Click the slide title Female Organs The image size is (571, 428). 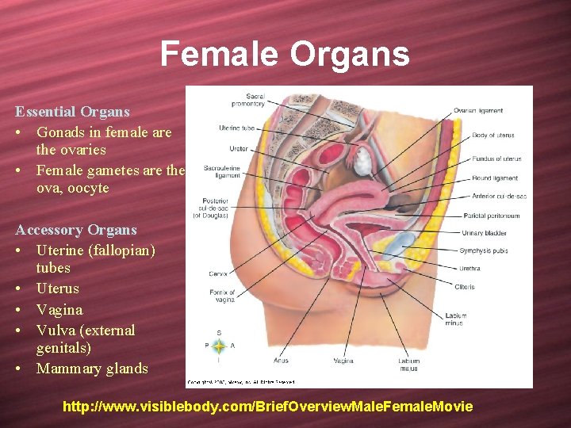click(285, 55)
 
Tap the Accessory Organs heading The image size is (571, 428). click(76, 230)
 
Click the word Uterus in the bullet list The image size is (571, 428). click(58, 289)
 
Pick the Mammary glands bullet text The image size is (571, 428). click(92, 369)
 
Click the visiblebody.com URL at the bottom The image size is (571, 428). click(268, 407)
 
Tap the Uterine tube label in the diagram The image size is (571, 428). click(236, 128)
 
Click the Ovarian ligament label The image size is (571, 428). click(477, 110)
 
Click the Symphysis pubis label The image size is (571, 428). click(484, 250)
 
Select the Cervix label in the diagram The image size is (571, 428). click(219, 273)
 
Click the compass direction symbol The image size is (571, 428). click(217, 346)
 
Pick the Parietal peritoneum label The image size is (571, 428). click(490, 216)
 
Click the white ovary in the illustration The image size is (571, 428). click(362, 163)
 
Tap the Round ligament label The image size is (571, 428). click(494, 178)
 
